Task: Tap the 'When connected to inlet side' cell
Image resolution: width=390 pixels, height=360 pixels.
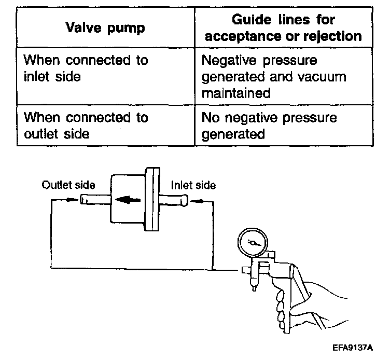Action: [86, 68]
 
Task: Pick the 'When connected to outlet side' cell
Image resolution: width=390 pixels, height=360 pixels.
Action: [86, 126]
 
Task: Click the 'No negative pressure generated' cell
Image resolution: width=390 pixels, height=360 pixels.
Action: [269, 126]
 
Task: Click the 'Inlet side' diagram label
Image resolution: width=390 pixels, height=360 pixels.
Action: [193, 185]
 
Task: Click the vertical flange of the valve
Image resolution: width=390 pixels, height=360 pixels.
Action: [152, 200]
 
